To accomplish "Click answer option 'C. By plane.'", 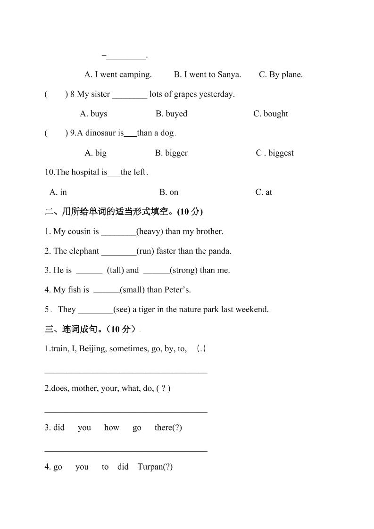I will point(281,74).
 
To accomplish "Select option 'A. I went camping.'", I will point(118,74).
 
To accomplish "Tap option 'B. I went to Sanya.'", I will point(208,74).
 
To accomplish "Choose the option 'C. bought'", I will point(270,114).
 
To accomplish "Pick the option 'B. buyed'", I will point(171,114).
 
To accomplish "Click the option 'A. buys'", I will point(93,114).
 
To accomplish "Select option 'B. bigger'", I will point(171,153).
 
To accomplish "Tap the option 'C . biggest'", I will point(274,153).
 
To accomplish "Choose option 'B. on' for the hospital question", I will point(168,192).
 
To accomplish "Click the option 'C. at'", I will point(264,192).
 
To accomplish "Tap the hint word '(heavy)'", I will point(150,231).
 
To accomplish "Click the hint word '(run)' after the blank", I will point(145,251).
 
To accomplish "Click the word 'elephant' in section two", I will point(83,251).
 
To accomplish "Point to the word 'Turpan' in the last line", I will point(150,467).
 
